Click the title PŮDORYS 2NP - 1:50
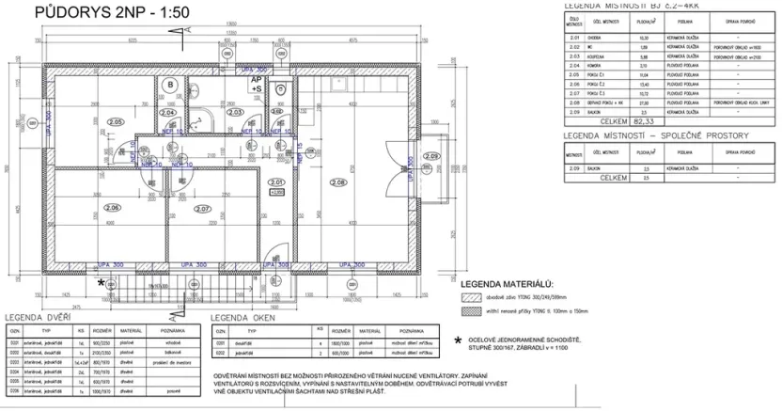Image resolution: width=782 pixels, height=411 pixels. click(x=102, y=13)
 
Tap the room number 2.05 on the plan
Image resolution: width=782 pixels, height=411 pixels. click(x=116, y=121)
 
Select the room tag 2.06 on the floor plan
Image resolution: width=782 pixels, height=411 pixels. click(x=112, y=208)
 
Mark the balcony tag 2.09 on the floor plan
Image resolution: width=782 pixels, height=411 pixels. click(x=431, y=156)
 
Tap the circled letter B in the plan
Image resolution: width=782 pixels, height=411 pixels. click(x=170, y=85)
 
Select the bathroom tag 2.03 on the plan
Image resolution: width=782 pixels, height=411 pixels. click(x=238, y=112)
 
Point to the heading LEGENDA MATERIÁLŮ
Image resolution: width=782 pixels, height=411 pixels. click(x=508, y=283)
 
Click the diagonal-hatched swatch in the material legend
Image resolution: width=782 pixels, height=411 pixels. click(x=468, y=296)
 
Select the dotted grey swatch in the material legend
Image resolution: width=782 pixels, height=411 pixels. click(x=468, y=310)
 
